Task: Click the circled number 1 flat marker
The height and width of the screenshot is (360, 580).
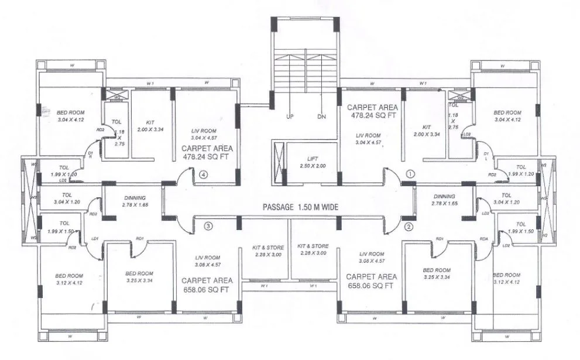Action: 410,174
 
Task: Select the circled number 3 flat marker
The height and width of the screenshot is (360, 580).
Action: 207,225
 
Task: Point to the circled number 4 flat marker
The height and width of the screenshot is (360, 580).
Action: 204,174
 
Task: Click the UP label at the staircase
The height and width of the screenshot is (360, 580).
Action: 290,116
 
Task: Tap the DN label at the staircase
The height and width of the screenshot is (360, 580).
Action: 321,116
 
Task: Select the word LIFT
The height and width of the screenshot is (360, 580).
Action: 313,159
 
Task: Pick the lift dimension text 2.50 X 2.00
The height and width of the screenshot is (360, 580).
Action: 313,166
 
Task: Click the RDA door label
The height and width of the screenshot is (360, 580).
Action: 484,238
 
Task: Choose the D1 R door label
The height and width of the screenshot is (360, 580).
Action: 91,155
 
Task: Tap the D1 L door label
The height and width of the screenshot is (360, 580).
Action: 486,155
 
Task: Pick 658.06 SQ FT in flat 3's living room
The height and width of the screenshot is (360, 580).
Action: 208,289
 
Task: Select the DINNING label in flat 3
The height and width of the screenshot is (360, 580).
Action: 134,198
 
